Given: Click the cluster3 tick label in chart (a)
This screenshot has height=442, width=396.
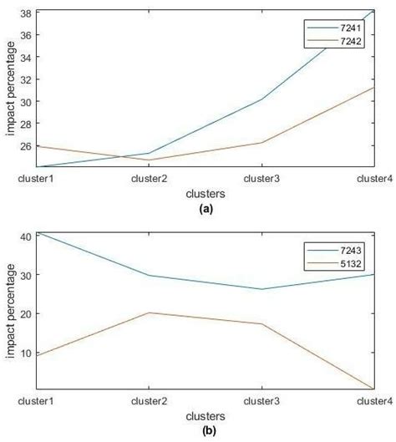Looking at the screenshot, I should [x=261, y=179].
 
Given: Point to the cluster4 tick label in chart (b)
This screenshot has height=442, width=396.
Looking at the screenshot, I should [x=374, y=402].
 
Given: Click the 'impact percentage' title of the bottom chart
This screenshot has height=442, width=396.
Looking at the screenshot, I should [x=10, y=311].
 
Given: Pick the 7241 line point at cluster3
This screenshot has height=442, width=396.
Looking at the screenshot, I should [x=261, y=99].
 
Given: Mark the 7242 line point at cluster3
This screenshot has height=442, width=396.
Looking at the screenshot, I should [x=261, y=142].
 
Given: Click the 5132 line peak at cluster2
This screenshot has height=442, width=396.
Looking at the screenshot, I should [x=149, y=312].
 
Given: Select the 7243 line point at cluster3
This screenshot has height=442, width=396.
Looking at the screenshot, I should [x=261, y=289].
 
